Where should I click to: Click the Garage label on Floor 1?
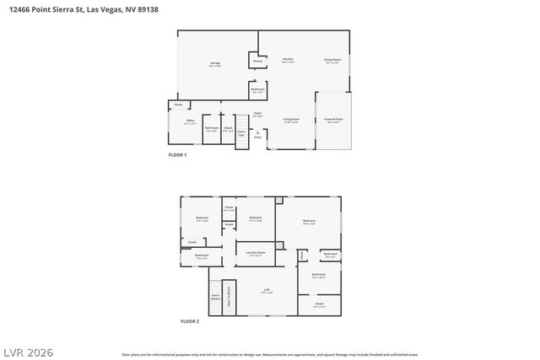pyautogui.click(x=215, y=65)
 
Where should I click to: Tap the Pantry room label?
pyautogui.click(x=258, y=61)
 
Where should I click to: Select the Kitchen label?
pyautogui.click(x=288, y=60)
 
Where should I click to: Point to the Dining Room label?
pyautogui.click(x=332, y=61)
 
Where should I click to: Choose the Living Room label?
pyautogui.click(x=292, y=121)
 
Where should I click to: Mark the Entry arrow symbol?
pyautogui.click(x=269, y=133)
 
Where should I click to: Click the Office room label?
pyautogui.click(x=191, y=122)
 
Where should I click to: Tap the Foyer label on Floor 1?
pyautogui.click(x=258, y=114)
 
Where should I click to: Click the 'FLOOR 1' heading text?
pyautogui.click(x=177, y=156)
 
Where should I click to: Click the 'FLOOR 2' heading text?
pyautogui.click(x=190, y=321)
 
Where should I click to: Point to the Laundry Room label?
pyautogui.click(x=256, y=253)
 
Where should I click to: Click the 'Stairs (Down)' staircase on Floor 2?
pyautogui.click(x=215, y=297)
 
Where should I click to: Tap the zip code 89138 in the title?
pyautogui.click(x=146, y=9)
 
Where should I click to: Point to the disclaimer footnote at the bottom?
pyautogui.click(x=270, y=354)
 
